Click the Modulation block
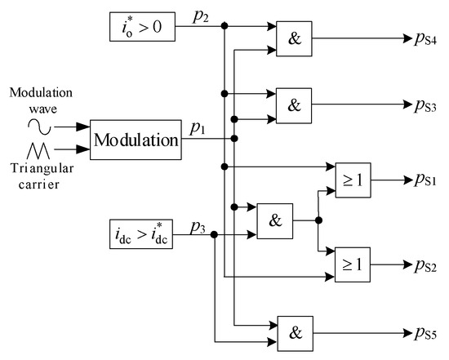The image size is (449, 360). tap(136, 140)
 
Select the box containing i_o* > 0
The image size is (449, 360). tap(138, 28)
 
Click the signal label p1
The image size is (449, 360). tap(198, 127)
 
